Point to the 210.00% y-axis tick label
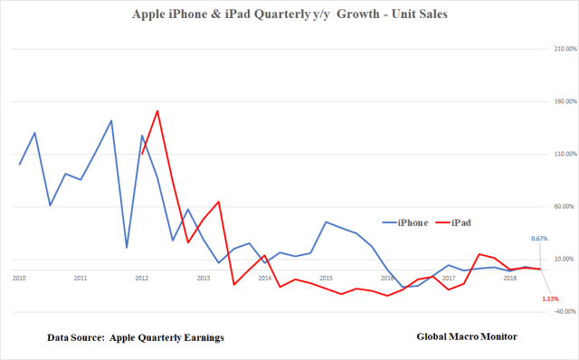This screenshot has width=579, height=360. pyautogui.click(x=553, y=48)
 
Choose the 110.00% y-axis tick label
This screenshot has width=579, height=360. pyautogui.click(x=553, y=154)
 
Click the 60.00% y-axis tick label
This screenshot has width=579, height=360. pyautogui.click(x=553, y=206)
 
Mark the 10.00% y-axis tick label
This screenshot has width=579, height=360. pyautogui.click(x=553, y=260)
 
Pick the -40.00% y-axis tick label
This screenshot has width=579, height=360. pyautogui.click(x=553, y=312)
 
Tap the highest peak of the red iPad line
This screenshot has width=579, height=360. pyautogui.click(x=157, y=111)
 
